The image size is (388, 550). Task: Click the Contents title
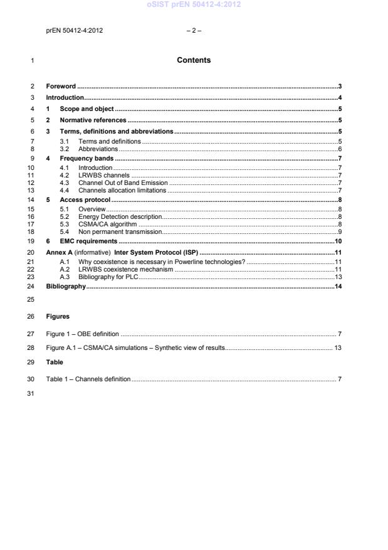coord(193,61)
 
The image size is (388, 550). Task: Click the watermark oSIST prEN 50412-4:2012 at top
coord(194,5)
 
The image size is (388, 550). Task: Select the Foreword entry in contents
coord(61,86)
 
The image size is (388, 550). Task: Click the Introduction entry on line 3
coord(65,98)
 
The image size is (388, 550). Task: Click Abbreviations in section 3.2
coord(98,149)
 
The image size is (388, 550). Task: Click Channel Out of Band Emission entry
coord(123,182)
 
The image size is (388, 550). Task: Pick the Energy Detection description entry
coord(120,216)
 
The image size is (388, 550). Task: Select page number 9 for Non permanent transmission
coord(339,231)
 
